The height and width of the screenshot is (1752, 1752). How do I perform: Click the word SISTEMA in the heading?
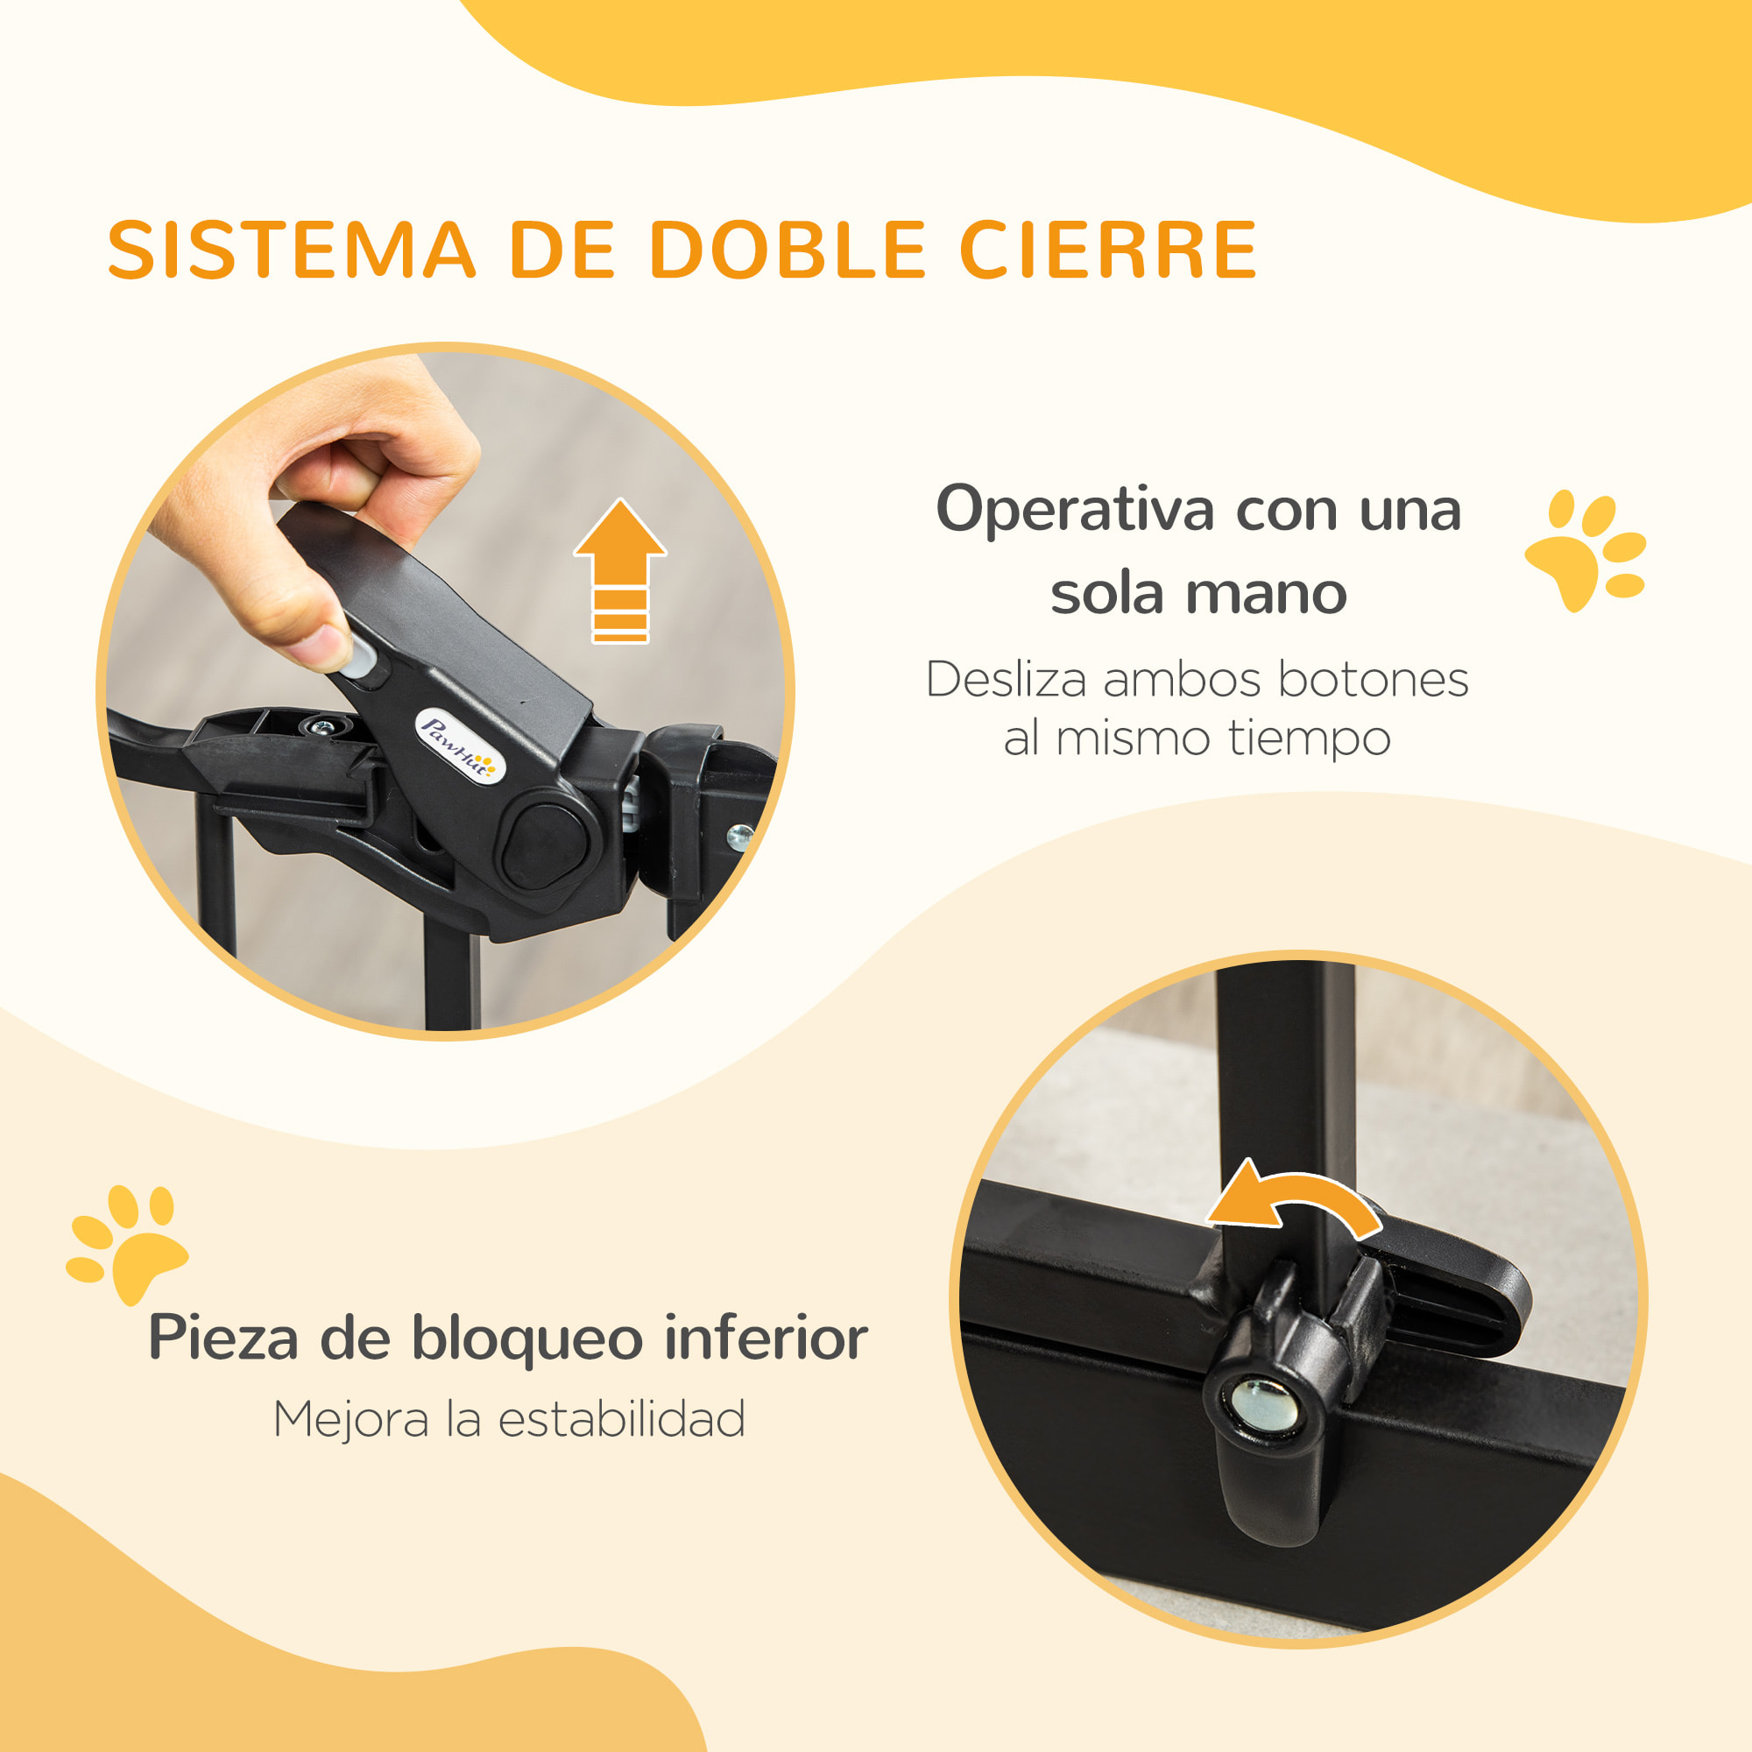(291, 250)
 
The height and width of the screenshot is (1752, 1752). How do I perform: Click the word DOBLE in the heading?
(788, 250)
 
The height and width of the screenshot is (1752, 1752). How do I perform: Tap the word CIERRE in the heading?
(1108, 250)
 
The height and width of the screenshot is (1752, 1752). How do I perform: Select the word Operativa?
(1074, 511)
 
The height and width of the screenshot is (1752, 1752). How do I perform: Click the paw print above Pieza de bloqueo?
(127, 1242)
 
